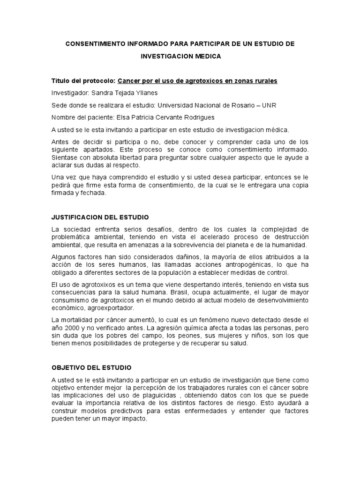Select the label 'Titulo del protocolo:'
pos(83,81)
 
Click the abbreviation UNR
pos(269,105)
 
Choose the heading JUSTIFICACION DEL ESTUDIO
pos(99,217)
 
